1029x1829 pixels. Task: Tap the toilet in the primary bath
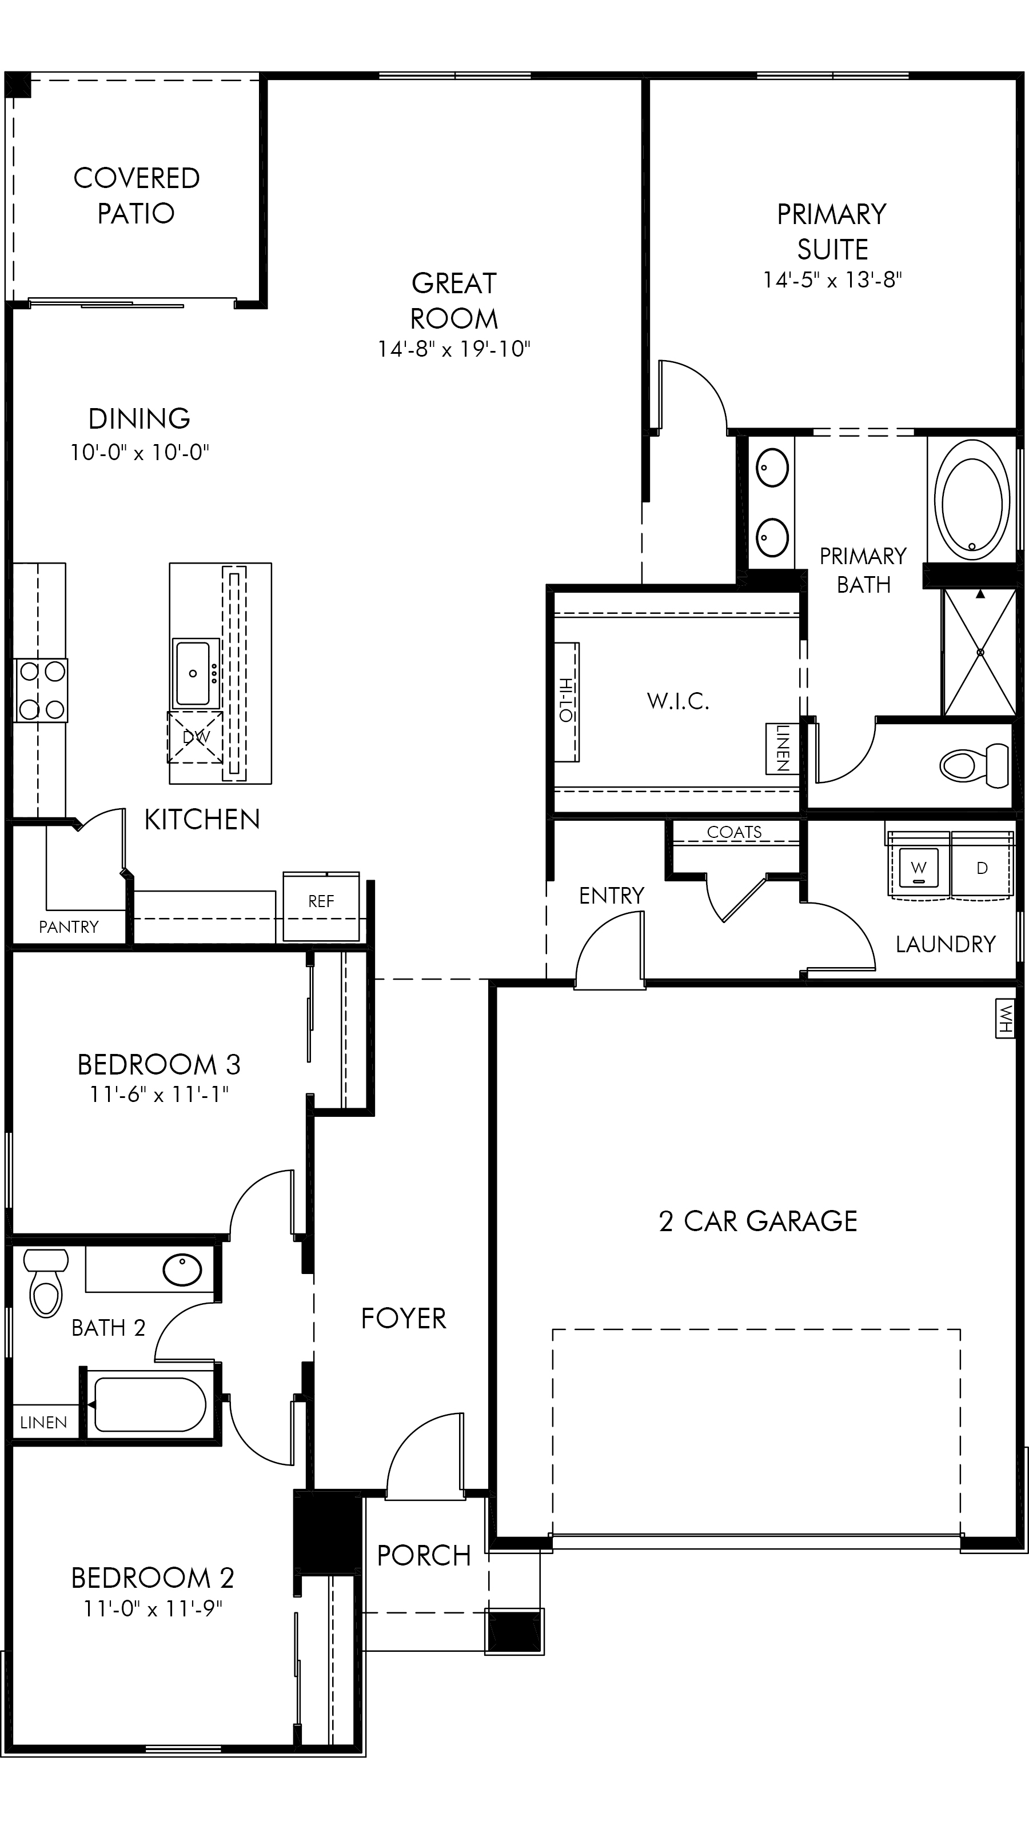(974, 765)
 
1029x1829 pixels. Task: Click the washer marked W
(918, 868)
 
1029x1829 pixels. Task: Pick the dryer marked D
(982, 868)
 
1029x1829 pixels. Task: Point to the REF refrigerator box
(321, 906)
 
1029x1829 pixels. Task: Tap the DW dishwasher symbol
(196, 737)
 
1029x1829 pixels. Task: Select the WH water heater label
(1005, 1019)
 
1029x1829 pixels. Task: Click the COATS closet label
(734, 832)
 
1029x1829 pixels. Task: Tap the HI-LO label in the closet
(566, 700)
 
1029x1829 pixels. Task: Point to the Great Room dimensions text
(454, 349)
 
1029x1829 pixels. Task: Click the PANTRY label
(69, 927)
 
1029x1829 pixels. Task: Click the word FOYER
(404, 1319)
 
